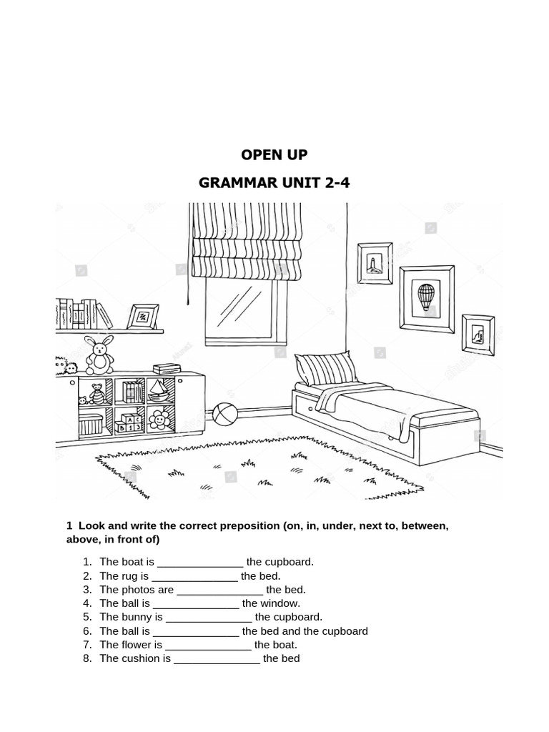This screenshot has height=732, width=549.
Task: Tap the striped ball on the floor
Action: pos(225,414)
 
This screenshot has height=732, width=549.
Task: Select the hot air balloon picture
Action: pos(427,299)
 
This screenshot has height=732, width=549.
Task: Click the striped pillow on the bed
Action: pos(325,368)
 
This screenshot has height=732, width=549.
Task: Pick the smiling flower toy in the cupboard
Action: pos(159,420)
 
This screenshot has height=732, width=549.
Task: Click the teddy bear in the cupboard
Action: pos(97,394)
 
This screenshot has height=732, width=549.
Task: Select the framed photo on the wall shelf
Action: pos(143,317)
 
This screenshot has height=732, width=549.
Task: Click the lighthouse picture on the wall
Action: pos(375,263)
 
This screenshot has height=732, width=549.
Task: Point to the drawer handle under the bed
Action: pos(310,409)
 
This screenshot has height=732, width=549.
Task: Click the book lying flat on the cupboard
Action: pos(167,369)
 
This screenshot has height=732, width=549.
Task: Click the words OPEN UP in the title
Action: pos(274,154)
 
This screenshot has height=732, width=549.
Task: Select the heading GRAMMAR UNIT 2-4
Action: pos(274,182)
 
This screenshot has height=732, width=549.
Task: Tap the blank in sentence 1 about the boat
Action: pos(200,565)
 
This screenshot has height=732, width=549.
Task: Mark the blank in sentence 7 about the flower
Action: pos(208,648)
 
